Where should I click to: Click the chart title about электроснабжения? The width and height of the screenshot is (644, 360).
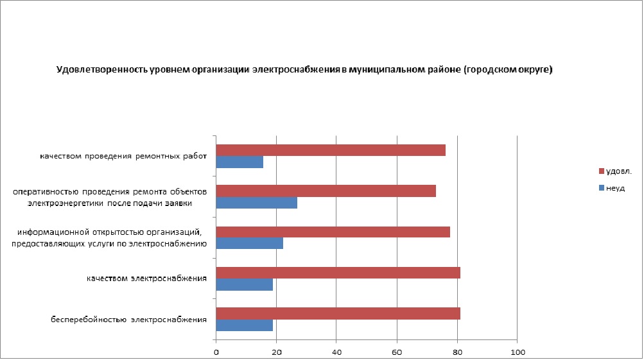point(304,69)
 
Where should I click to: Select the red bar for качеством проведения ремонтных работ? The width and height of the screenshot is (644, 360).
point(331,150)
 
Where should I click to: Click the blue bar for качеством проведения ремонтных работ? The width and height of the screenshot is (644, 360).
point(239,162)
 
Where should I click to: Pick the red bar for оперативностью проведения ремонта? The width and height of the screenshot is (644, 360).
point(326,191)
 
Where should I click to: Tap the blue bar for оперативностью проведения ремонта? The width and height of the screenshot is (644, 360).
point(257,203)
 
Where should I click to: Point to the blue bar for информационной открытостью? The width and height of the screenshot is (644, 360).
point(250,244)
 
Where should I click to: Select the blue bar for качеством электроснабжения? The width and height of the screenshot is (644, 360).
point(245,285)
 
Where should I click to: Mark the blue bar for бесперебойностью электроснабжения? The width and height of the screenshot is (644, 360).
point(245,325)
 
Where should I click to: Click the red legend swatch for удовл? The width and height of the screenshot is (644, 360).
point(602,171)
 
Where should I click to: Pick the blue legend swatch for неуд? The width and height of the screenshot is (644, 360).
point(602,188)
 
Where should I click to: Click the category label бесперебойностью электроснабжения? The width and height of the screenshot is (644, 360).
point(129,319)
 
